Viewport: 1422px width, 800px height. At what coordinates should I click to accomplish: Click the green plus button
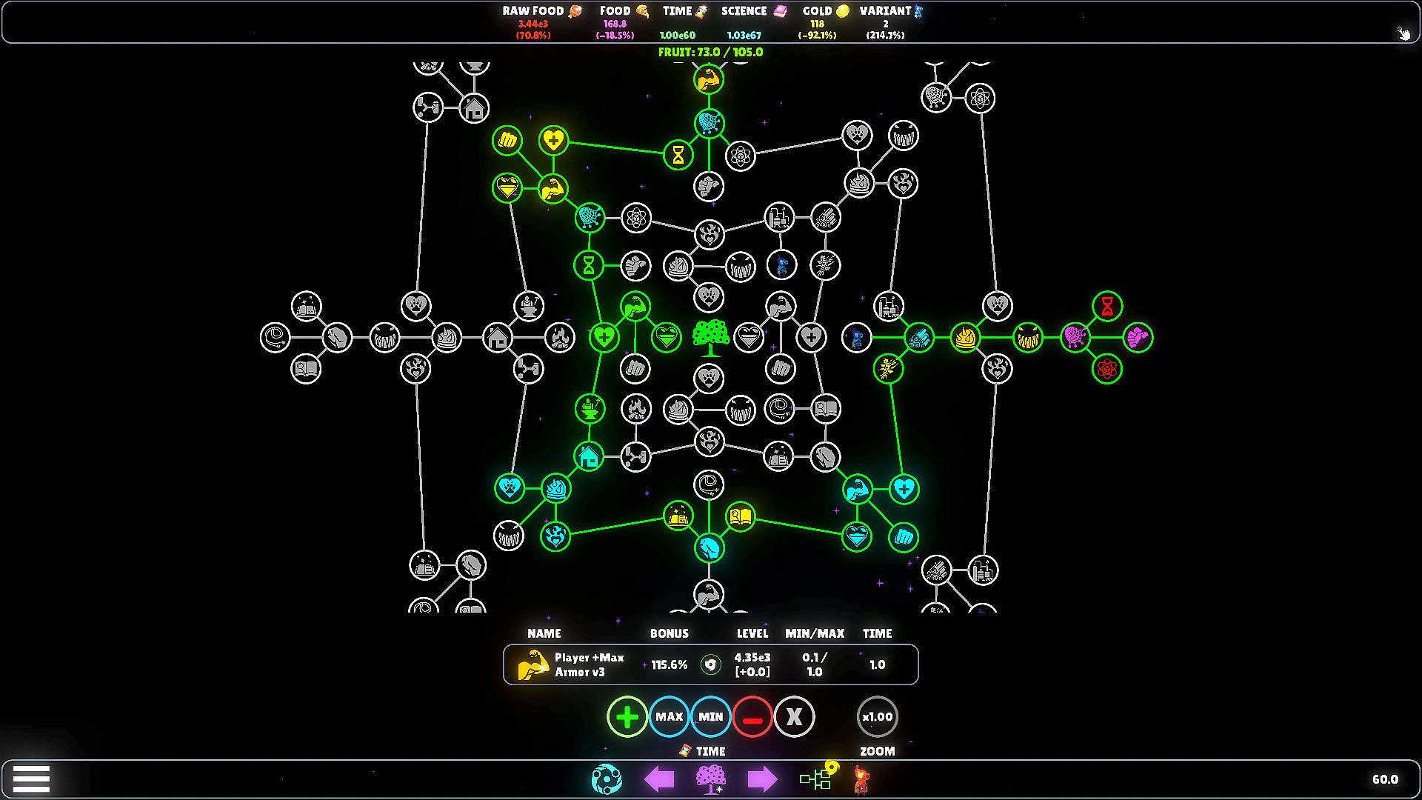pos(627,716)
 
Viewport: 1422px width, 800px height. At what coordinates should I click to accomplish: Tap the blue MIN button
pos(710,716)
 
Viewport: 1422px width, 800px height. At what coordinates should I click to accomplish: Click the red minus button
pos(752,716)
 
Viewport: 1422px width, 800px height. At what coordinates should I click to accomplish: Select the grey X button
pos(794,716)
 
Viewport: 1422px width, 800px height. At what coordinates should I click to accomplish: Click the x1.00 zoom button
pos(877,716)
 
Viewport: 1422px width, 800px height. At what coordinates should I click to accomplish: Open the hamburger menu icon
pos(31,779)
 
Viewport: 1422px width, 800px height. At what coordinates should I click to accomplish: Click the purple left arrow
pos(659,779)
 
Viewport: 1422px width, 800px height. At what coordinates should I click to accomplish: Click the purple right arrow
pos(762,779)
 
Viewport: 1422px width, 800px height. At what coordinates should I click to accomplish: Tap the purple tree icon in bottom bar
pos(711,779)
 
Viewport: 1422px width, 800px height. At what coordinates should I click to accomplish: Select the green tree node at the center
pos(710,338)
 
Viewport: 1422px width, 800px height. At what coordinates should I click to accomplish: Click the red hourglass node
pos(1107,306)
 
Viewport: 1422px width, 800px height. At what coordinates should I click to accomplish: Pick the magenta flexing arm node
pos(1138,338)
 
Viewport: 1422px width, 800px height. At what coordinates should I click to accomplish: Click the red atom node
pos(1107,368)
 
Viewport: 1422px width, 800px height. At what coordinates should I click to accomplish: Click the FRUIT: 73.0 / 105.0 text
pos(710,52)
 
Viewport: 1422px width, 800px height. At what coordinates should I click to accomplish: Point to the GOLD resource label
pos(817,11)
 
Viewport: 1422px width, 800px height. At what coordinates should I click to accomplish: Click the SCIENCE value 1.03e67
pos(744,36)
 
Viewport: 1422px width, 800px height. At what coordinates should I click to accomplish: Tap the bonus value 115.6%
pos(670,664)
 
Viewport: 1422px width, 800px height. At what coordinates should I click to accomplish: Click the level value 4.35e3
pos(752,657)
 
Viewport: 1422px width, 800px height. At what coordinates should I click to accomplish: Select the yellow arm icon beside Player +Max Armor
pos(533,664)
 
